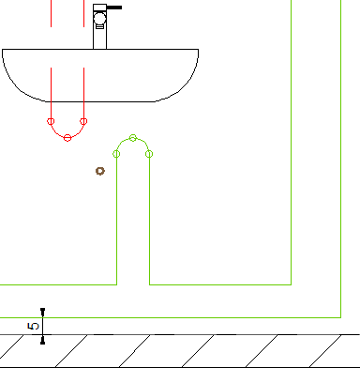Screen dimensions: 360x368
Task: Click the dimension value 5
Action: (34, 326)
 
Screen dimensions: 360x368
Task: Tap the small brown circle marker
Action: (100, 171)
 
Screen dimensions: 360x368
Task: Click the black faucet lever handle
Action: (114, 8)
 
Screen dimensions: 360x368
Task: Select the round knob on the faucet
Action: (100, 18)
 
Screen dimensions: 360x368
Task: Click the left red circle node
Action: (51, 121)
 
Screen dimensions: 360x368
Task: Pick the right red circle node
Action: (83, 121)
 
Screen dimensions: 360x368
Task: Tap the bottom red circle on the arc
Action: (67, 138)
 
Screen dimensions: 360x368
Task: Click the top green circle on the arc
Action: (133, 138)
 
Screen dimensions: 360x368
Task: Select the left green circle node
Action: (116, 154)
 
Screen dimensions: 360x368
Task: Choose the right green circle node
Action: (149, 154)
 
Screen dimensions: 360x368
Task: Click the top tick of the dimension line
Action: (43, 310)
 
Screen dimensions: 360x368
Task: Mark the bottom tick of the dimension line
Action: (43, 342)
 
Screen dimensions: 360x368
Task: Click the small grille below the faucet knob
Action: (100, 26)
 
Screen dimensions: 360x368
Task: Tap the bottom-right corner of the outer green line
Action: (341, 317)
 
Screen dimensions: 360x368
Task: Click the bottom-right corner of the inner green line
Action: (292, 284)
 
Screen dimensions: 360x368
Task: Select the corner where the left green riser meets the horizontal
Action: (117, 284)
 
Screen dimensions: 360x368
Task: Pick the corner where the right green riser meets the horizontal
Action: (150, 284)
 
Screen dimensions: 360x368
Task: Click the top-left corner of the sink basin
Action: (2, 49)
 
